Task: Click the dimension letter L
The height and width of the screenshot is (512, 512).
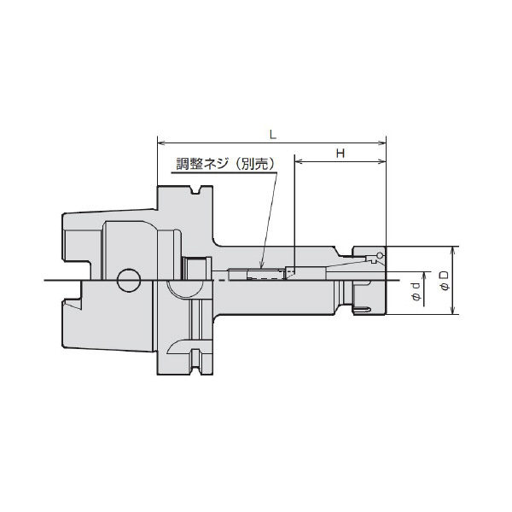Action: point(271,134)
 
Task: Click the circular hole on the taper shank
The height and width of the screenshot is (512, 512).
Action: point(129,280)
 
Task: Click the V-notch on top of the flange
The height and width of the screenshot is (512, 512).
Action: point(197,191)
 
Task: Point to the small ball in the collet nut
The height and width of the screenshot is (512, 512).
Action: point(376,257)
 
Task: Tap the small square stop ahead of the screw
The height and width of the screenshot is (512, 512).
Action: point(289,273)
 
